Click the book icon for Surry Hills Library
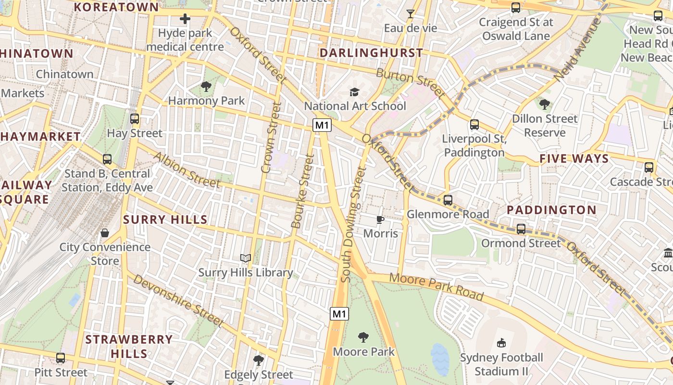point(246,258)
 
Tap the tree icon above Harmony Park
point(206,87)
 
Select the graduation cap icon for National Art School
point(354,92)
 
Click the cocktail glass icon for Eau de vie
point(410,14)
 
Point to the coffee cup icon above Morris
point(380,219)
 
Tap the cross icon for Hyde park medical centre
point(185,19)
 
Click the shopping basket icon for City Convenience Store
point(105,233)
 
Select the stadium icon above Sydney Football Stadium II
point(501,343)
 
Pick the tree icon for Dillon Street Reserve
point(544,104)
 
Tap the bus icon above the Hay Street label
point(135,119)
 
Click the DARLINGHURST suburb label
point(371,53)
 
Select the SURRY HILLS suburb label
point(165,220)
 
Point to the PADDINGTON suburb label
point(551,210)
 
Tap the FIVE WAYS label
point(574,159)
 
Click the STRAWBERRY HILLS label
point(129,346)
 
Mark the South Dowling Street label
point(353,224)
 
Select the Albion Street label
point(186,169)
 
